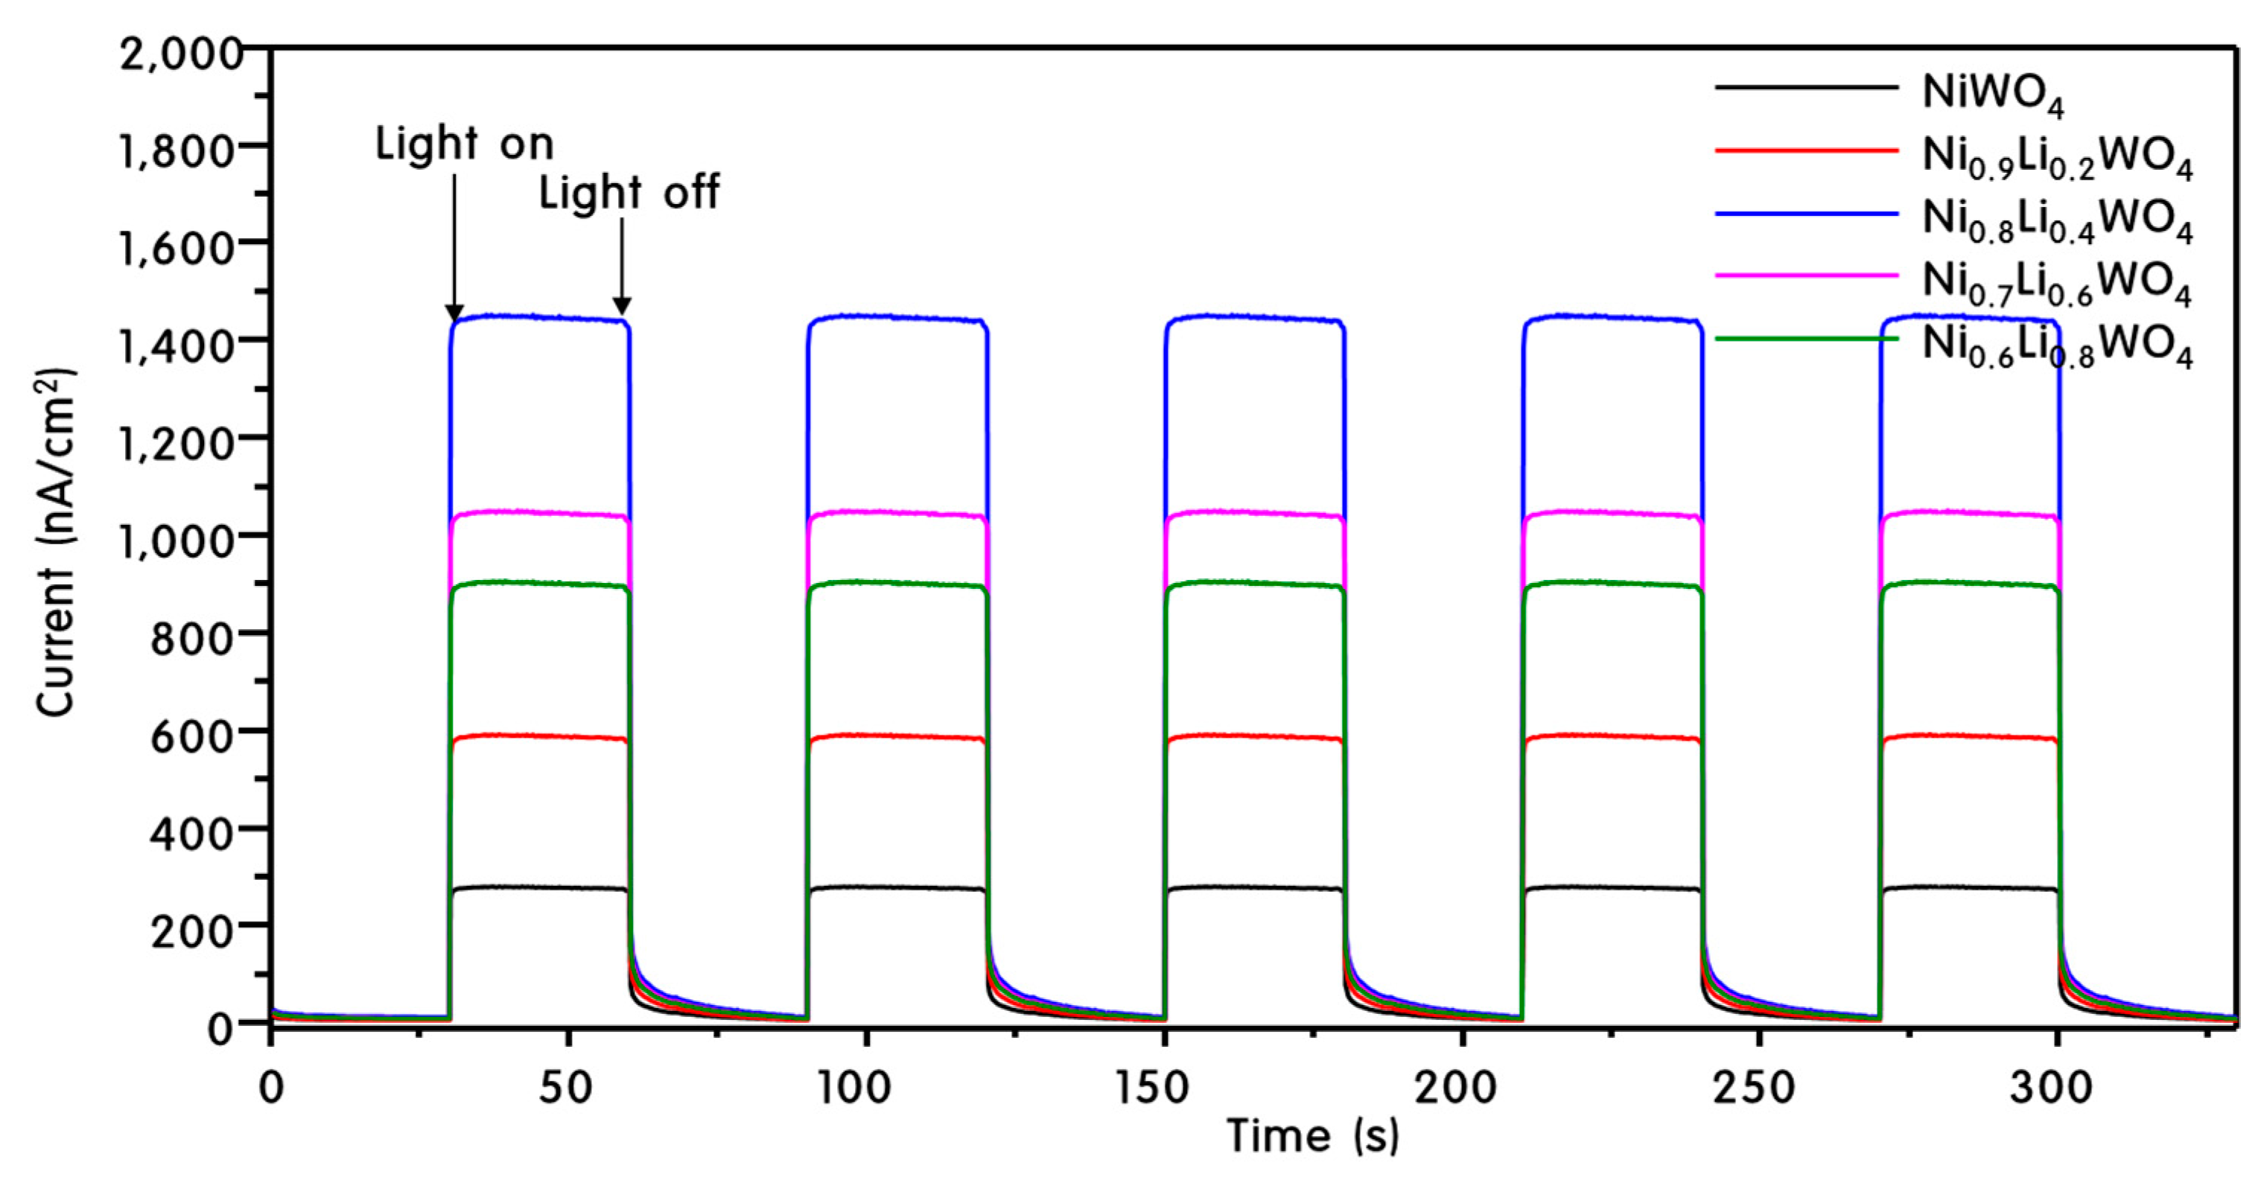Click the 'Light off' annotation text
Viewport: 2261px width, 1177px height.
[x=629, y=193]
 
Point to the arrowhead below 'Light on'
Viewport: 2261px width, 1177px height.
[x=454, y=313]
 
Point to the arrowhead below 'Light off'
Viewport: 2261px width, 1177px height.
[x=621, y=305]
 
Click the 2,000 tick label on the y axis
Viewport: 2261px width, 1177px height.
[x=180, y=54]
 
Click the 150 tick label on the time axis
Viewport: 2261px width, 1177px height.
[x=1151, y=1088]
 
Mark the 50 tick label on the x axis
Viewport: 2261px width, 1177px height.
[x=566, y=1088]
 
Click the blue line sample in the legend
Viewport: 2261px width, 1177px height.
[x=1807, y=213]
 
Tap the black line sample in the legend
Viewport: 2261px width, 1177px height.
[x=1807, y=87]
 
